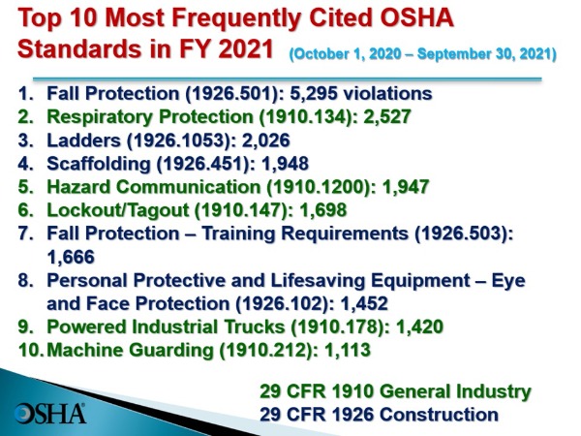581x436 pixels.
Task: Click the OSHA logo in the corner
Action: pyautogui.click(x=50, y=414)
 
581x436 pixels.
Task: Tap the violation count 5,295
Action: pyautogui.click(x=314, y=93)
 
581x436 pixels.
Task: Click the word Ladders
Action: pyautogui.click(x=83, y=140)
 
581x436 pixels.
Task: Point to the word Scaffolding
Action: pyautogui.click(x=99, y=164)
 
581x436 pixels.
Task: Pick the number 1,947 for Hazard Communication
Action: pyautogui.click(x=406, y=186)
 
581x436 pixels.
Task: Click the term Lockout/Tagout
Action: pyautogui.click(x=118, y=210)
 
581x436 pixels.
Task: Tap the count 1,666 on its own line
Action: pyautogui.click(x=71, y=257)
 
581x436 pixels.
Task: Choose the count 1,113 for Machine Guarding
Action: pyautogui.click(x=348, y=350)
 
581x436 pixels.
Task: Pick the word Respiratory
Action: pyautogui.click(x=100, y=117)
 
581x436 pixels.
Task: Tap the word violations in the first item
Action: pyautogui.click(x=387, y=93)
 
